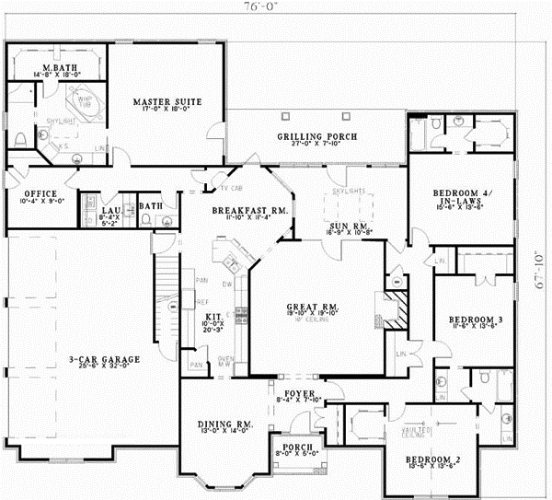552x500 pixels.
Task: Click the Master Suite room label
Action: point(167,101)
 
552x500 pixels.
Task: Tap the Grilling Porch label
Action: point(317,137)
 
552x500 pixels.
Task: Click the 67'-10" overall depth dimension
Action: point(542,273)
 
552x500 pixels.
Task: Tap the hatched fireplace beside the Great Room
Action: point(393,310)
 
